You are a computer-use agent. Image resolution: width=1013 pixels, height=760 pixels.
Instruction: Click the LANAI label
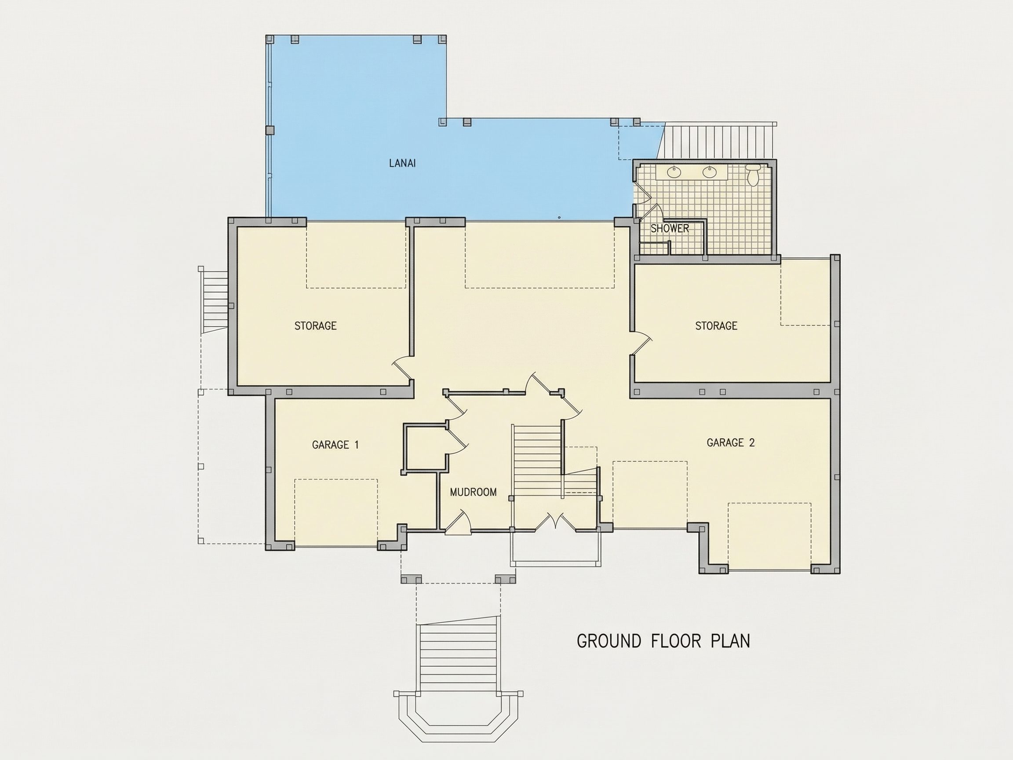point(402,163)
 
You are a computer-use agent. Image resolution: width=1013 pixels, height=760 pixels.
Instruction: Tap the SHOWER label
point(670,229)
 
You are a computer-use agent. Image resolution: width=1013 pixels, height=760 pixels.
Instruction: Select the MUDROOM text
point(473,493)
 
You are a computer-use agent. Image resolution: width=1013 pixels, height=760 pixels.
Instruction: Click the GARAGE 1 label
point(335,445)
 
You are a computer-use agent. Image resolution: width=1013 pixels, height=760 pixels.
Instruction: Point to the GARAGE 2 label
point(730,442)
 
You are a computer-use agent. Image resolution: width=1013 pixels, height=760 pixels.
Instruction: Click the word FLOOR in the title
point(676,641)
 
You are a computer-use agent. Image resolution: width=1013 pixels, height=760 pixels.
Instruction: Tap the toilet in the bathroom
point(753,175)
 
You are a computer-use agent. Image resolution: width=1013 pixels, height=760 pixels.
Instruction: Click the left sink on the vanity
point(674,172)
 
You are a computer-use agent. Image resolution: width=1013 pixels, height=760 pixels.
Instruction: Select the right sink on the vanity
point(709,172)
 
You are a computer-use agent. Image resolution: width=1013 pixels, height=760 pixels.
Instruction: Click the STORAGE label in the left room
point(316,326)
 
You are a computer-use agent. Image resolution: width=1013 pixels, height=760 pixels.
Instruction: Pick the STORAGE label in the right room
point(716,326)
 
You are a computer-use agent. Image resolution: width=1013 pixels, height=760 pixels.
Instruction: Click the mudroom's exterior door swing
point(459,522)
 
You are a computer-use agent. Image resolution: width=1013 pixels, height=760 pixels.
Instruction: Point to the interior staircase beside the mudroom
point(537,460)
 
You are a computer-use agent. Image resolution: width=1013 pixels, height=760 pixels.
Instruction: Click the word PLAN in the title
point(730,641)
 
